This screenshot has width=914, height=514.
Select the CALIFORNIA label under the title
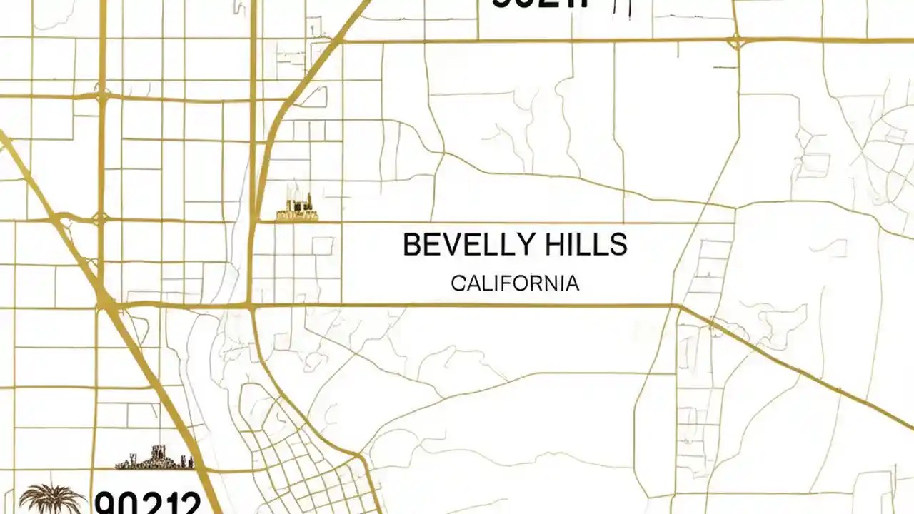click(515, 283)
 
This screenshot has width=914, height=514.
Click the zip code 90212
click(148, 503)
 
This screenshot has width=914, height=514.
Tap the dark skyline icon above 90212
click(155, 458)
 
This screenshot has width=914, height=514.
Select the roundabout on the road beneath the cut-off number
click(735, 41)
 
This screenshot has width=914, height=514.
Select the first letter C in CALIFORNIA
click(458, 283)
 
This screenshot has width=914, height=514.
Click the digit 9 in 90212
click(107, 503)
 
